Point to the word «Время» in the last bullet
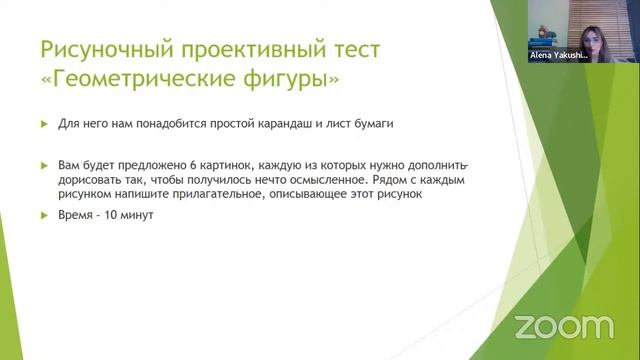point(73,215)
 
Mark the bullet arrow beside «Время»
point(44,215)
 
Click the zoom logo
point(563,327)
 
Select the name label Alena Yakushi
point(558,57)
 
